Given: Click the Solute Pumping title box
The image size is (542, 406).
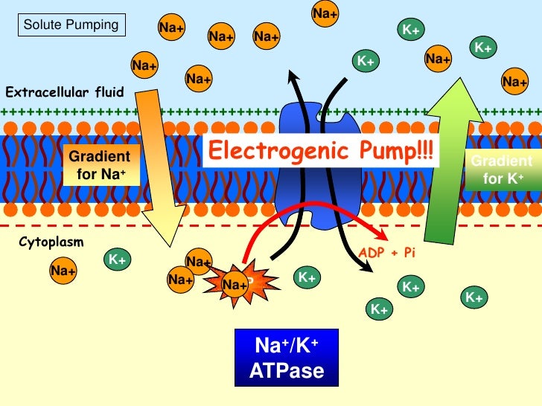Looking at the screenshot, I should pos(71,25).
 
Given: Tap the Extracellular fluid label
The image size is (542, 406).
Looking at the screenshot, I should pos(65,93).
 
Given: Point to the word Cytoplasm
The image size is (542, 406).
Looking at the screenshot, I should pos(51,242).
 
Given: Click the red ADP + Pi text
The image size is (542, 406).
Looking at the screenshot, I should pos(386,253).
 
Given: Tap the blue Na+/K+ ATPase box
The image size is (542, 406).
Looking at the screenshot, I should pos(287,358).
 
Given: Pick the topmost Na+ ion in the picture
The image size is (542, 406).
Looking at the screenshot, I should pos(324,13).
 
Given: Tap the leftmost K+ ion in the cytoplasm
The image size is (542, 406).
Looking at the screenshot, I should pos(117,260).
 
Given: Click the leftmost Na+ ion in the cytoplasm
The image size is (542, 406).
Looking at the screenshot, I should pos(63,271).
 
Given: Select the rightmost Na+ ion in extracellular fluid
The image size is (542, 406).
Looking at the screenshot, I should pos(514,82).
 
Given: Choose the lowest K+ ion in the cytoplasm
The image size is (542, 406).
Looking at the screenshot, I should pos(380,309).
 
